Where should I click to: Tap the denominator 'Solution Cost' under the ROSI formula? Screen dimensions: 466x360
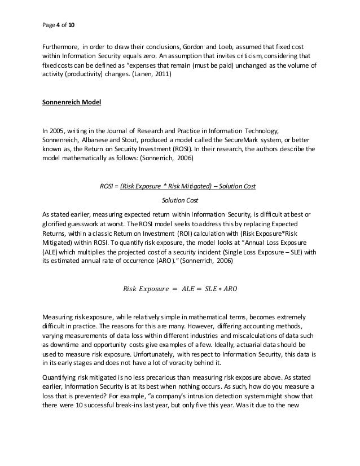179,200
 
